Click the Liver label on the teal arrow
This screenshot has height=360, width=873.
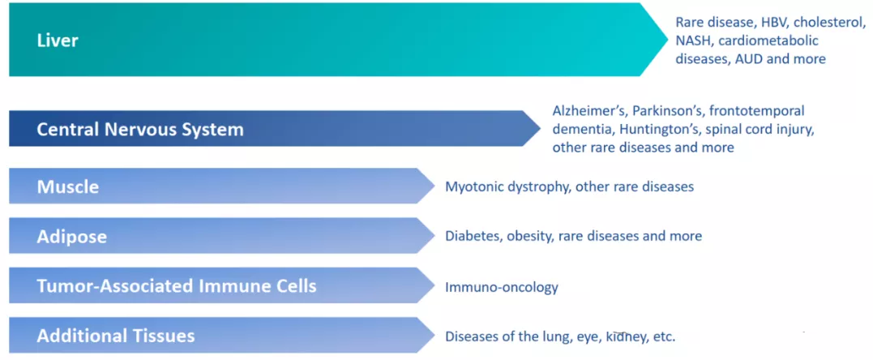58,41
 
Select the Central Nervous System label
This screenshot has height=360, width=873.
140,130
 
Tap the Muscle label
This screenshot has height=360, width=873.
68,186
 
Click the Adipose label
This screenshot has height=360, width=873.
72,237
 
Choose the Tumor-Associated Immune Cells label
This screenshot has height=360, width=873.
177,286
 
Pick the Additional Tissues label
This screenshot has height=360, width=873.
116,336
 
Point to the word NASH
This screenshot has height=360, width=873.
692,41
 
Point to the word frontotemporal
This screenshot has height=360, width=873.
757,111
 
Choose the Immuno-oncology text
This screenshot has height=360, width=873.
502,288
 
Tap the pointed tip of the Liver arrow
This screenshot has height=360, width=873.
667,39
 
